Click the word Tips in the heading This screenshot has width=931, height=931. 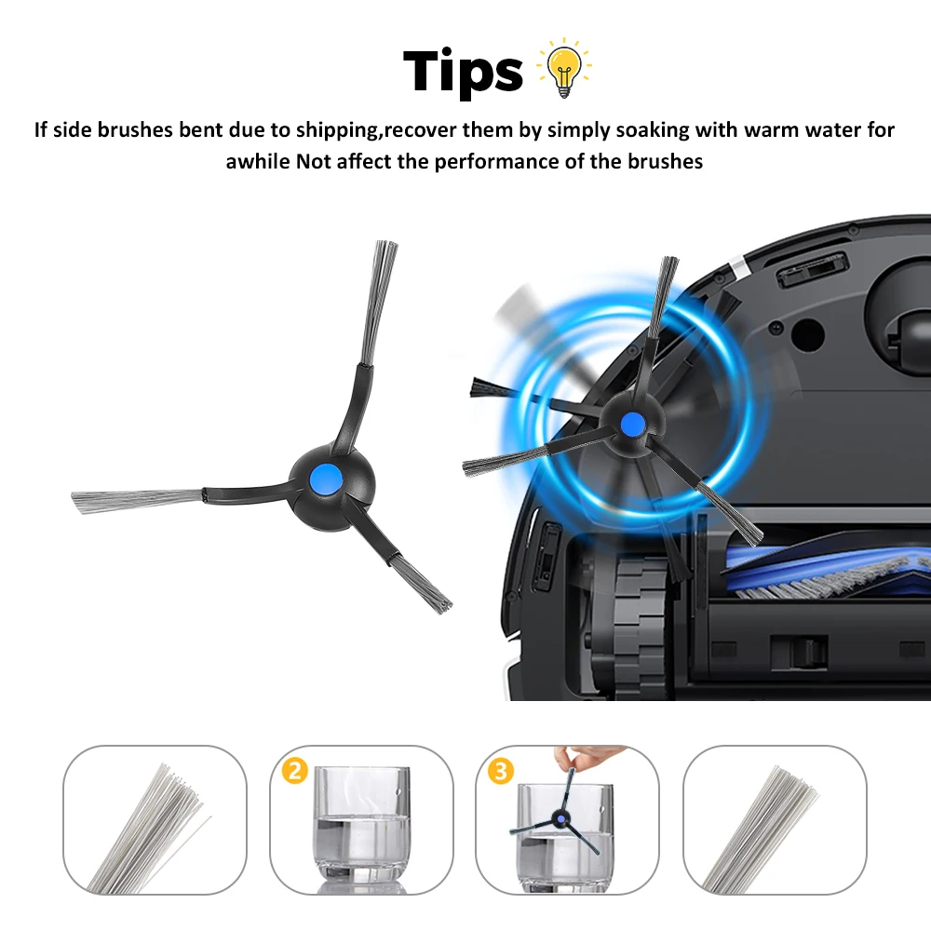pos(463,70)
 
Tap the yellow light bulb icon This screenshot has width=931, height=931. pos(565,68)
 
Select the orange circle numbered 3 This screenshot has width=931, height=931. pos(500,771)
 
